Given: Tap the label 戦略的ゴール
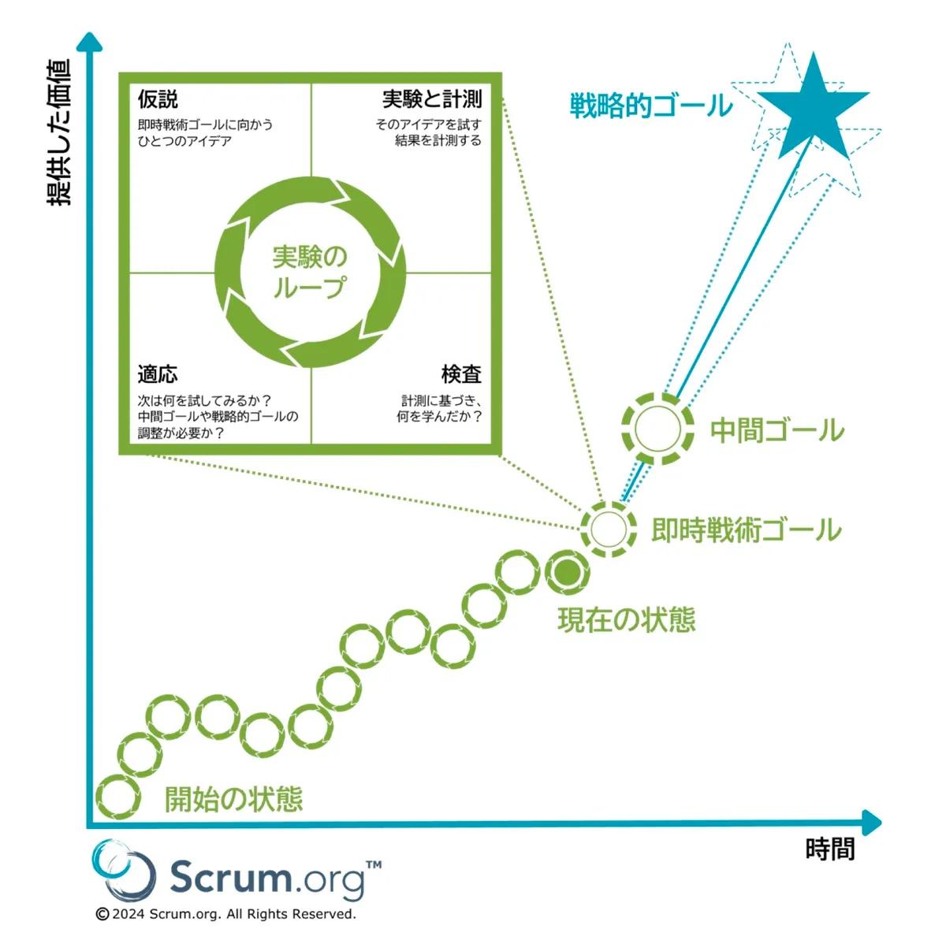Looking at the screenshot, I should [651, 106].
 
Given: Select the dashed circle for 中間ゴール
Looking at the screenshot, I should [657, 429].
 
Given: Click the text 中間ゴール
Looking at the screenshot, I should [777, 430].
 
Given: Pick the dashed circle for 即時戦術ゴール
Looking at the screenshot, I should [608, 529].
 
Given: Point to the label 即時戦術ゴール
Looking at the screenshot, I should [746, 530].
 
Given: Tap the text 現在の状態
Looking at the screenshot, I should [627, 620].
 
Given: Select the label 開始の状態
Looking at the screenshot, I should [233, 799].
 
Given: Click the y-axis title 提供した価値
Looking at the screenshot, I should [60, 132].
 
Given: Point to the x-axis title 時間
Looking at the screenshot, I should [830, 849].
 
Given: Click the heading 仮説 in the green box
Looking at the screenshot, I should [158, 99].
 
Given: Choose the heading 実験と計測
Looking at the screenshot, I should [432, 99].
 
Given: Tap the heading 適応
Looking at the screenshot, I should [158, 374].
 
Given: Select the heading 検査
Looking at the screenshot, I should [461, 374].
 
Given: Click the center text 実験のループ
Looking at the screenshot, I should [310, 272].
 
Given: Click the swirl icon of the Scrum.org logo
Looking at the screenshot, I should [124, 870].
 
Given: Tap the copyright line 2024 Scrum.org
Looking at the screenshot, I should [226, 914].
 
